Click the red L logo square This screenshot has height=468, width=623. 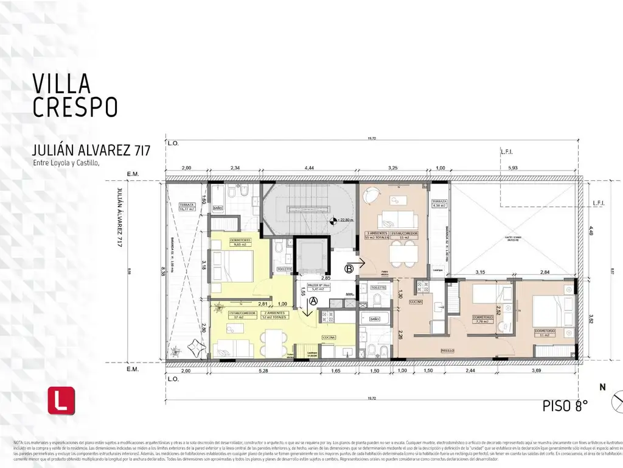[x=61, y=400]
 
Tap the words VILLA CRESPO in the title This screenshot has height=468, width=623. [x=74, y=95]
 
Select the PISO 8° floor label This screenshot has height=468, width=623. [x=565, y=406]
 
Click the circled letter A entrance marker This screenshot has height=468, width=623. [x=313, y=300]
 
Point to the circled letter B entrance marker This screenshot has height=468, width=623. [x=349, y=268]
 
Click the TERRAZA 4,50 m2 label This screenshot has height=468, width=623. [x=439, y=204]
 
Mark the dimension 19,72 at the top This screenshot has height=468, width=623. [x=371, y=138]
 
